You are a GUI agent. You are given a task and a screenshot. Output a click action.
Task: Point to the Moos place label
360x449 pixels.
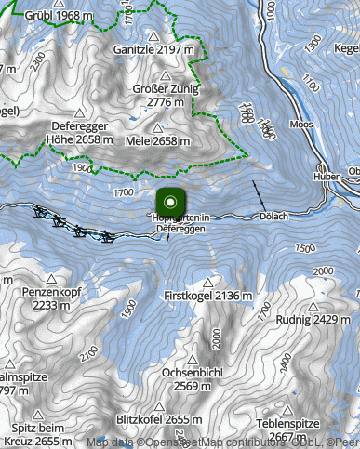tap(301, 123)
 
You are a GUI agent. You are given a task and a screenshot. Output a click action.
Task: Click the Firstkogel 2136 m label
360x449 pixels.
tap(208, 296)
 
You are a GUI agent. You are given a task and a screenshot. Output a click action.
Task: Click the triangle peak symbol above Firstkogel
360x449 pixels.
tap(208, 282)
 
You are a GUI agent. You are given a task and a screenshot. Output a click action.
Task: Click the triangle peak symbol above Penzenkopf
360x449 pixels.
tap(54, 278)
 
